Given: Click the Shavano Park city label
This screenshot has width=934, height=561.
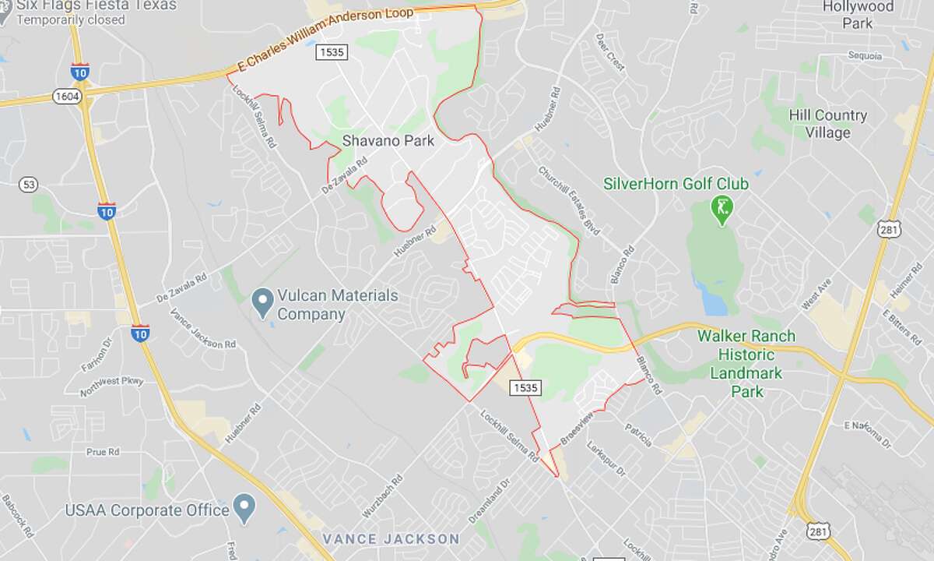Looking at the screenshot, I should click(x=387, y=142).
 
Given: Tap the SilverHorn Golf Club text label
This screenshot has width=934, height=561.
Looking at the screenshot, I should click(x=676, y=184).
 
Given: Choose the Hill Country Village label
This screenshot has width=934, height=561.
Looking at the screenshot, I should click(x=827, y=124).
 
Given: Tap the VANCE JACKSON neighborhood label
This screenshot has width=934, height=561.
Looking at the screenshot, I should click(x=391, y=539).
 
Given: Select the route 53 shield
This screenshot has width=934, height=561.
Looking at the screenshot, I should click(x=30, y=185).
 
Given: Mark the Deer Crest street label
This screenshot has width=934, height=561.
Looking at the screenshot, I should click(x=610, y=52).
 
